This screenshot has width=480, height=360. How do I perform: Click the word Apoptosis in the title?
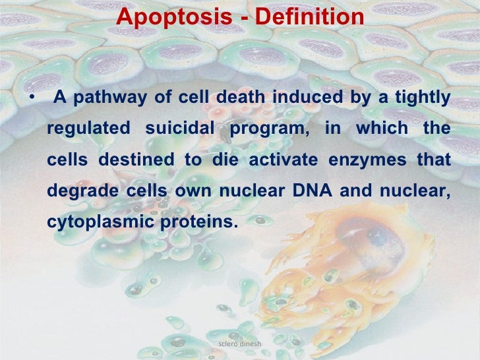click(x=173, y=18)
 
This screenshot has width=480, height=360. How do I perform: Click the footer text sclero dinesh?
click(x=240, y=344)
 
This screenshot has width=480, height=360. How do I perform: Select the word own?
click(x=189, y=192)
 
